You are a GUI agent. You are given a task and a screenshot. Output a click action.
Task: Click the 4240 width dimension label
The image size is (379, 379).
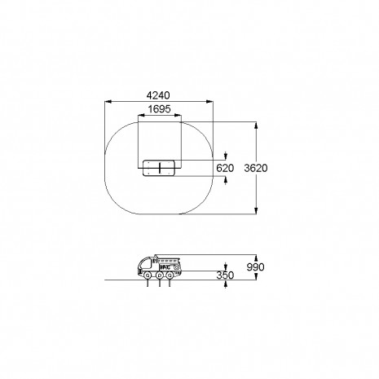tap(158, 95)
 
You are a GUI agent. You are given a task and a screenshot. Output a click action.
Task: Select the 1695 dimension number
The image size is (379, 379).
tap(160, 109)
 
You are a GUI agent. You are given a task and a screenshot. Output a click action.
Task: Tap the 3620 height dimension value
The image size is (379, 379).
tap(256, 168)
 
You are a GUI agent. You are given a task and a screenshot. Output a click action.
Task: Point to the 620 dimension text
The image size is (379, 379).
tap(225, 168)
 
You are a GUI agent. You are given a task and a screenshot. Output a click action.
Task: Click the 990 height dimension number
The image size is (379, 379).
tap(255, 267)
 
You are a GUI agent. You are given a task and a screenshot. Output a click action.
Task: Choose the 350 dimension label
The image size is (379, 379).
tap(225, 275)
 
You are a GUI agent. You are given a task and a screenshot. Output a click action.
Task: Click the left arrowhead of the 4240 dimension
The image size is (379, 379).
tap(108, 102)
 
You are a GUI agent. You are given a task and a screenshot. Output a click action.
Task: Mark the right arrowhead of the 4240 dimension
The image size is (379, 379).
tap(209, 102)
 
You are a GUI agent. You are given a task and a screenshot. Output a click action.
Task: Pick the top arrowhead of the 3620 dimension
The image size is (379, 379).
tap(256, 126)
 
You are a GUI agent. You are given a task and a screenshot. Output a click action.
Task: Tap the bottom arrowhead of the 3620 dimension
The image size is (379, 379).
tap(256, 210)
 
